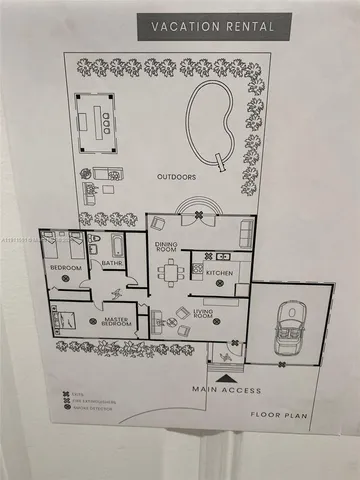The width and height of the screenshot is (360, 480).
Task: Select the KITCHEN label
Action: (220, 272)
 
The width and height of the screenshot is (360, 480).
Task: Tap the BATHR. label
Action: (111, 265)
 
